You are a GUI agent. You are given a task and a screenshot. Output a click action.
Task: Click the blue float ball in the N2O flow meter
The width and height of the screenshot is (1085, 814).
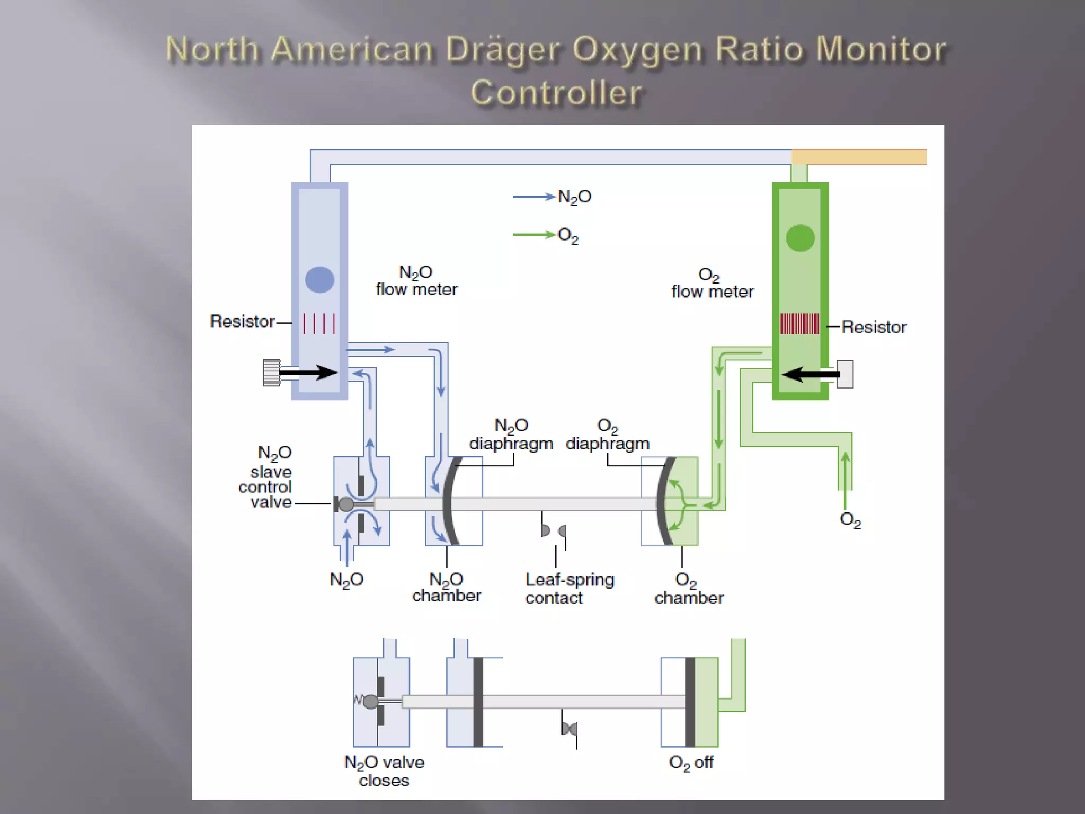pyautogui.click(x=319, y=280)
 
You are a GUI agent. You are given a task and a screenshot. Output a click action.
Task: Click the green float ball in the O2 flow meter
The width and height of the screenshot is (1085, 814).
pyautogui.click(x=800, y=238)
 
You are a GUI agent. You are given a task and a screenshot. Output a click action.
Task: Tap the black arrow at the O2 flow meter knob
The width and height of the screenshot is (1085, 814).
pyautogui.click(x=811, y=375)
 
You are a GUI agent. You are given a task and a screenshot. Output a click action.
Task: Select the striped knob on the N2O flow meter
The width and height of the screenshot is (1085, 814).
pyautogui.click(x=271, y=373)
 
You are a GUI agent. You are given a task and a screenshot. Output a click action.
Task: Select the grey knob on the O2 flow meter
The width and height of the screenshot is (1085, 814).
pyautogui.click(x=845, y=375)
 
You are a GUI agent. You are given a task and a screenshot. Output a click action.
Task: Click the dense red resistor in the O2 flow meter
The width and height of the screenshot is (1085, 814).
pyautogui.click(x=799, y=324)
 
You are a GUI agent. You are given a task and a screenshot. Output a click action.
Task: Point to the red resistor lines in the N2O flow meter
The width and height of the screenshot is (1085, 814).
pyautogui.click(x=319, y=323)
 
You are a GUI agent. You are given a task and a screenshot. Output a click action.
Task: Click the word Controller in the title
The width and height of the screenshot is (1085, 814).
pyautogui.click(x=556, y=93)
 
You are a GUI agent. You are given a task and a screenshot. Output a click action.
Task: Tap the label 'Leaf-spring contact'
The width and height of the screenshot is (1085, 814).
pyautogui.click(x=570, y=588)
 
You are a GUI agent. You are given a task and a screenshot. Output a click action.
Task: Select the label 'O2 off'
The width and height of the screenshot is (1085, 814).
pyautogui.click(x=691, y=763)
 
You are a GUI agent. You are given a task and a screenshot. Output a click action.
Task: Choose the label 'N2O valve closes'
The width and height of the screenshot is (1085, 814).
pyautogui.click(x=384, y=771)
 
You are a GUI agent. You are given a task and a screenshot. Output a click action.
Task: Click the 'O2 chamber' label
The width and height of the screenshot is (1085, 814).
pyautogui.click(x=689, y=589)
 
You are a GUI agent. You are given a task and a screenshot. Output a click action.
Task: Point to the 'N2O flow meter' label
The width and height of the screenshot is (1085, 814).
pyautogui.click(x=416, y=281)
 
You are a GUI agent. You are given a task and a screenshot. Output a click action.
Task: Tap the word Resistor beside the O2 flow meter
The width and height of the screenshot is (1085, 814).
pyautogui.click(x=874, y=327)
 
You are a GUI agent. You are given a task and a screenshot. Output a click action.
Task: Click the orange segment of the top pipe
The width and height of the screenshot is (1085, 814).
pyautogui.click(x=859, y=157)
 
